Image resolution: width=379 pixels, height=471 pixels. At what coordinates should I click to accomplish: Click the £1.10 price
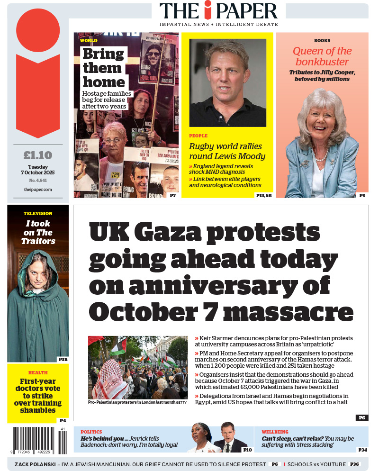pyautogui.click(x=38, y=155)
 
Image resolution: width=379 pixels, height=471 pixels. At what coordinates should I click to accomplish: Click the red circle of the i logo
pyautogui.click(x=38, y=30)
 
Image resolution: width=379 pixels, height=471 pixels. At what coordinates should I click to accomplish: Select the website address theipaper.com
pyautogui.click(x=38, y=189)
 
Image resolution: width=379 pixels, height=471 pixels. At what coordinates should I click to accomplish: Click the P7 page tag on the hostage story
pyautogui.click(x=173, y=195)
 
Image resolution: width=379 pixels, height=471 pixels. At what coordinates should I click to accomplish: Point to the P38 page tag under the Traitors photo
pyautogui.click(x=63, y=359)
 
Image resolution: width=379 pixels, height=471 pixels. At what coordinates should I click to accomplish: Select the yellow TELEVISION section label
pyautogui.click(x=38, y=214)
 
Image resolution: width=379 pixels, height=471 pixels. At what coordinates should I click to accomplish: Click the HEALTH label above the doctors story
pyautogui.click(x=38, y=373)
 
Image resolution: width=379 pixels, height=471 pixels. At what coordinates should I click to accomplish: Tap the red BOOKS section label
pyautogui.click(x=322, y=41)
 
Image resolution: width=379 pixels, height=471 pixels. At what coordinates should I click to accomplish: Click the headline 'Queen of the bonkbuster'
pyautogui.click(x=322, y=56)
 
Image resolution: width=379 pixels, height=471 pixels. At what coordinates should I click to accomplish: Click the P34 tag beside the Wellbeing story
pyautogui.click(x=362, y=450)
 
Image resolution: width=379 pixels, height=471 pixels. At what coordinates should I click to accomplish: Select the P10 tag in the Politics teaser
pyautogui.click(x=247, y=450)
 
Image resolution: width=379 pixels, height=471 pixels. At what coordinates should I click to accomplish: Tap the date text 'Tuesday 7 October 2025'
pyautogui.click(x=38, y=170)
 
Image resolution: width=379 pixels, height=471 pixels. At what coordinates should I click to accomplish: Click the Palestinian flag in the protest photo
pyautogui.click(x=119, y=347)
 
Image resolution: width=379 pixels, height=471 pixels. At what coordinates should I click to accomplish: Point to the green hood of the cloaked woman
pyautogui.click(x=37, y=265)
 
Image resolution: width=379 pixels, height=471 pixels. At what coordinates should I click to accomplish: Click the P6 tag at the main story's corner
pyautogui.click(x=361, y=417)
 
